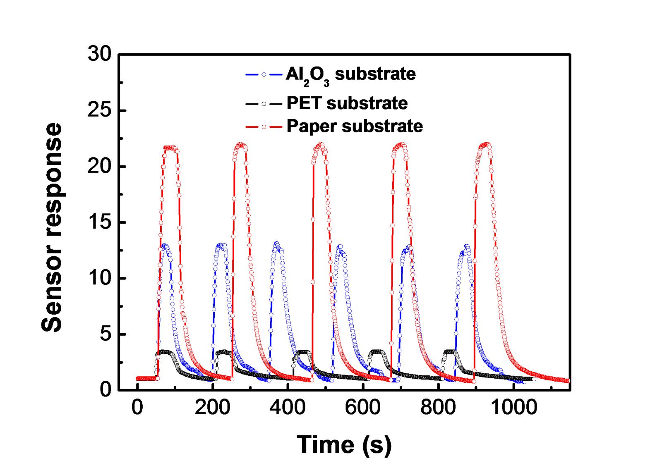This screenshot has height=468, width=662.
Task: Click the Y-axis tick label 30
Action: coord(100,55)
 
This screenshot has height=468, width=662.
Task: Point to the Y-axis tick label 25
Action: coord(100,111)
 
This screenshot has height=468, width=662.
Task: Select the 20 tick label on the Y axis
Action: coord(100,167)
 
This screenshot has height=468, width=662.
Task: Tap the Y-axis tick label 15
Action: coord(100,223)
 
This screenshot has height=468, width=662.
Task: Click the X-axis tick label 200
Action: coord(212,408)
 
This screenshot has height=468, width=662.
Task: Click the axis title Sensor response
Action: coord(53,227)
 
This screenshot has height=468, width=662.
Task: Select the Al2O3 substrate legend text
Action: coord(350,74)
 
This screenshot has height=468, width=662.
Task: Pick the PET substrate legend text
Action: coord(347,103)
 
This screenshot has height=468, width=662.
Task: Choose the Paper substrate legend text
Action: coord(355,126)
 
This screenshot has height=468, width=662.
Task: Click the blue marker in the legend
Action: coord(264,74)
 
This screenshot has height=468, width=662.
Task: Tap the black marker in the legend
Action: coord(264,103)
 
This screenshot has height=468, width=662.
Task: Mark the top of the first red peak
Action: coord(170,147)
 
